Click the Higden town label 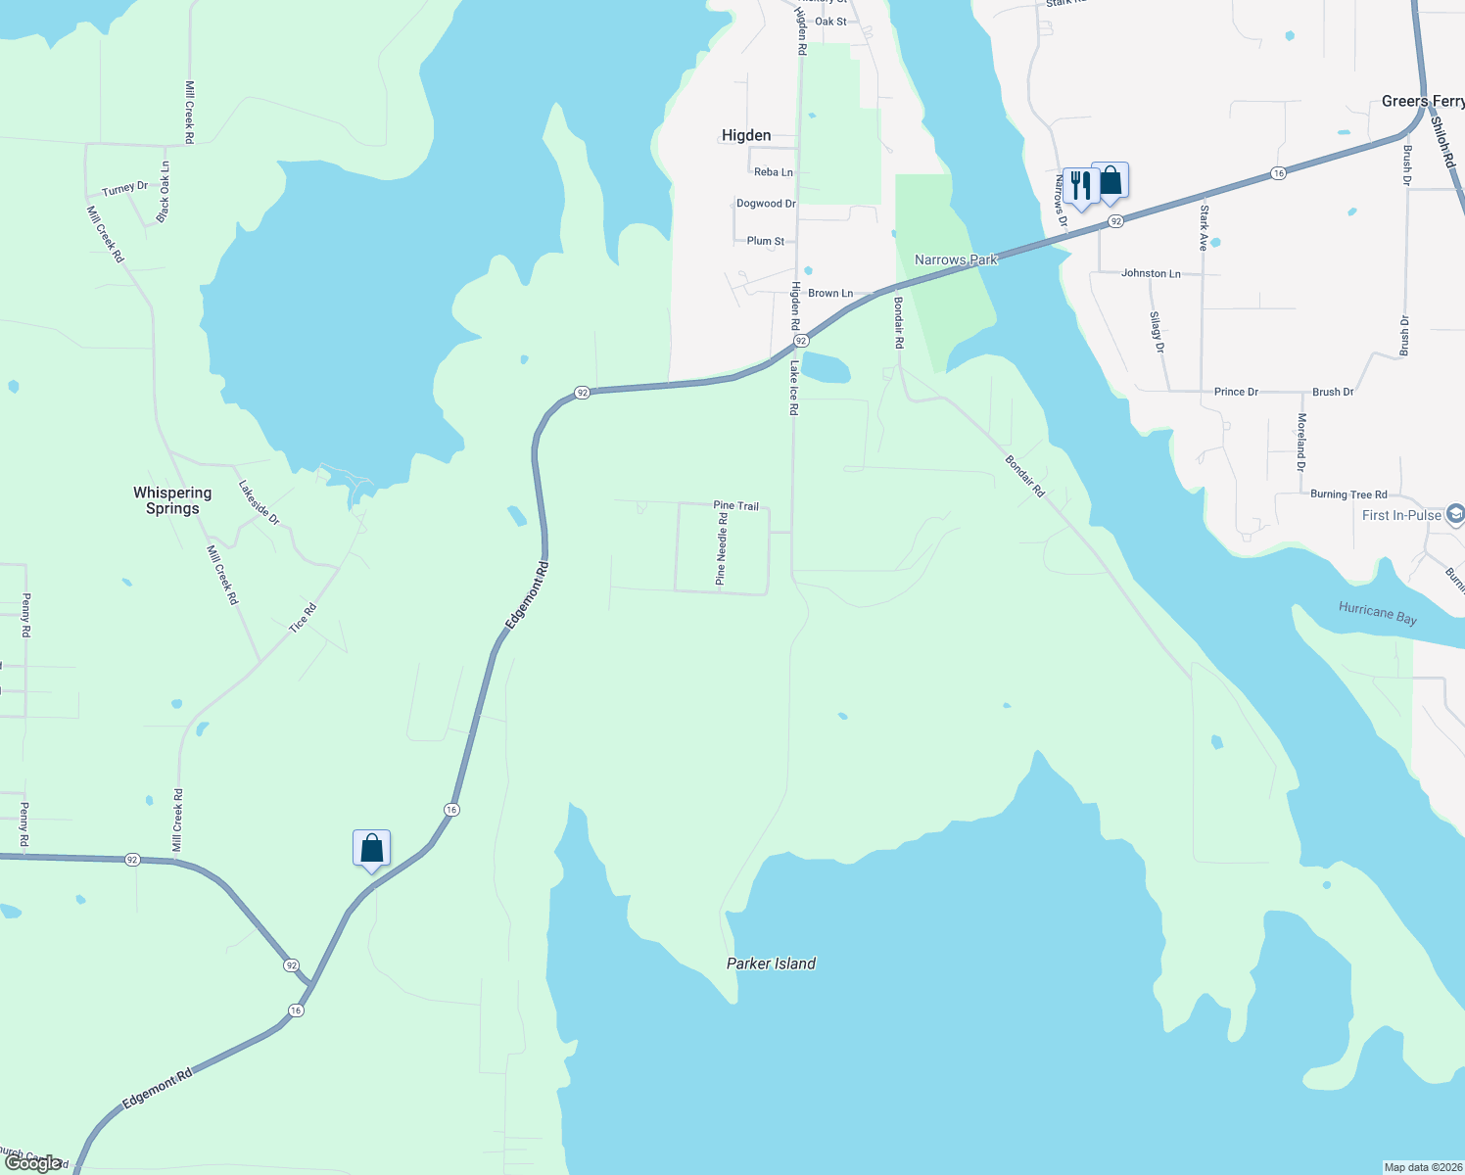746,135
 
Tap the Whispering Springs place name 172,500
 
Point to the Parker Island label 771,963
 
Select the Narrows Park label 956,259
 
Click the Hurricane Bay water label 1378,614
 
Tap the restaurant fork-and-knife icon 1080,184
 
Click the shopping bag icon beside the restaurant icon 1111,180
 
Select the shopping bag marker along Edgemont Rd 371,848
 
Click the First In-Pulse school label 1401,515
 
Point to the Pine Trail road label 736,506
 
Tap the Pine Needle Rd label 722,549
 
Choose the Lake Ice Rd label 794,388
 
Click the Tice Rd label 304,618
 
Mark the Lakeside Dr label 260,502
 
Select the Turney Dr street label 124,188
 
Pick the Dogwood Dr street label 766,204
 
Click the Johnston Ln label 1151,274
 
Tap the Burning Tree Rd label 1348,494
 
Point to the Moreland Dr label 1301,442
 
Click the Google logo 33,1163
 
